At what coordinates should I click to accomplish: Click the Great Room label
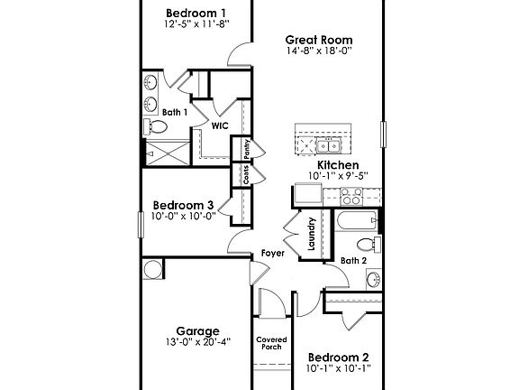318,40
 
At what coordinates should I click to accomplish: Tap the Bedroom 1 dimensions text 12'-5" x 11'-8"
196,24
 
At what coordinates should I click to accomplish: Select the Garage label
196,331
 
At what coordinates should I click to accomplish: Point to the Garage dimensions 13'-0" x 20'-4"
196,342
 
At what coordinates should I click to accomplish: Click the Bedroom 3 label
182,205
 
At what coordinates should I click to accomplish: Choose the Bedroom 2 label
338,357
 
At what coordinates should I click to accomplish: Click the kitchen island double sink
321,144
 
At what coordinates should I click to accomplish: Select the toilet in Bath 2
365,244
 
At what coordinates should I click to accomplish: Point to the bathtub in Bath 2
356,220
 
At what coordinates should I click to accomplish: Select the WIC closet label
218,126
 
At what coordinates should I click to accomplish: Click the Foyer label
273,254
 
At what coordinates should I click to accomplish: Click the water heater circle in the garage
152,269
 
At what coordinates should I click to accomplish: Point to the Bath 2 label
353,261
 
